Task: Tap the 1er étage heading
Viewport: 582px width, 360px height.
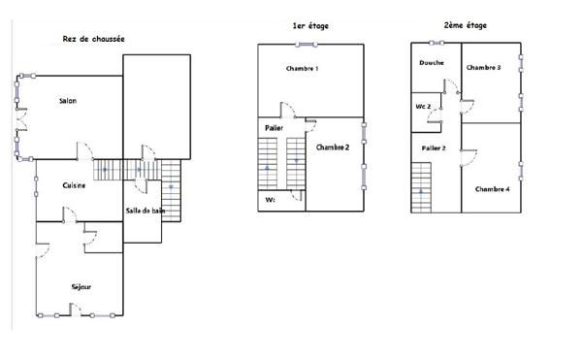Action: point(309,25)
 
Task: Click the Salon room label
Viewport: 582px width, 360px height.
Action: point(68,101)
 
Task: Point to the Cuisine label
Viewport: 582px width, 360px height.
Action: point(75,185)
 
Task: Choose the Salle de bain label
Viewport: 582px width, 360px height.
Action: point(145,211)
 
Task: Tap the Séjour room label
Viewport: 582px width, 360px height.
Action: point(82,286)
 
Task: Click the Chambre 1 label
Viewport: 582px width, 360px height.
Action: point(303,69)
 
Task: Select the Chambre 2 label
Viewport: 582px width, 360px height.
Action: point(333,147)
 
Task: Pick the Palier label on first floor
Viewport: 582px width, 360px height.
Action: point(273,128)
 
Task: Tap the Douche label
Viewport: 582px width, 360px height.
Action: point(432,64)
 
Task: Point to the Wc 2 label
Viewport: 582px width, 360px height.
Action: point(423,106)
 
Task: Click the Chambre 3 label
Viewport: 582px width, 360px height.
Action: point(483,68)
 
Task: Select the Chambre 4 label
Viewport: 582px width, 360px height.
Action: point(492,188)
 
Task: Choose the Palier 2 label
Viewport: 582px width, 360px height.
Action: point(433,147)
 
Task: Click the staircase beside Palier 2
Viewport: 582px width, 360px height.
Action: point(421,186)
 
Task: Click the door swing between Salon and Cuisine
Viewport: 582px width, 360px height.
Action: point(85,152)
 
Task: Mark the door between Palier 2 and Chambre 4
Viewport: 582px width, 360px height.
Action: point(466,154)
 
